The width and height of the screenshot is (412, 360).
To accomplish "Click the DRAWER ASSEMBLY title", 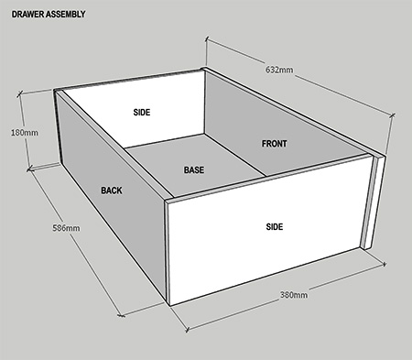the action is tap(49, 15).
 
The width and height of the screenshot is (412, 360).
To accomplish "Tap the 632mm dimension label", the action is tap(279, 70).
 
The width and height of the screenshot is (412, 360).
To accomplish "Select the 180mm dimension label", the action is tap(25, 133).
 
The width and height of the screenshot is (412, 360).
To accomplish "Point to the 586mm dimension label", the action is tap(66, 228).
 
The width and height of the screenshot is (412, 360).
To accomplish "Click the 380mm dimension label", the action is tap(294, 295).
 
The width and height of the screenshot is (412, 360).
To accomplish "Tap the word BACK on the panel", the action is tap(112, 191).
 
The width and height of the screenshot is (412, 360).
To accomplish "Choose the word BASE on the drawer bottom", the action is tap(194, 169).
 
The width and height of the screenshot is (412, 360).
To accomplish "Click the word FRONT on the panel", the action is tap(274, 144).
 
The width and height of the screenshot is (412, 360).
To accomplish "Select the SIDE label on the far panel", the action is tap(142, 113).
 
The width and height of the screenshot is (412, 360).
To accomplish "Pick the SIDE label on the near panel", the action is tap(275, 227).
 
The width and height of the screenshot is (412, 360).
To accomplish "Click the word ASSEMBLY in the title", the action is tap(66, 15).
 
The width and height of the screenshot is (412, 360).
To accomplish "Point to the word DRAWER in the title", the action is tap(28, 15).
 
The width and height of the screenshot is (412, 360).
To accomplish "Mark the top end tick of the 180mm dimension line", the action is tap(20, 93).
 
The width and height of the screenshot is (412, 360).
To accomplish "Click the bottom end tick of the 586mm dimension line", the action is tap(122, 314).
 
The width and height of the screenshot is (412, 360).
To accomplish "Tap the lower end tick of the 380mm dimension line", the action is tap(188, 330).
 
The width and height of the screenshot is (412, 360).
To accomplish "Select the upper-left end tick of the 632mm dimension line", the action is tap(207, 38).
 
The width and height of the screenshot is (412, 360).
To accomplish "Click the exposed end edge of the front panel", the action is tap(374, 202).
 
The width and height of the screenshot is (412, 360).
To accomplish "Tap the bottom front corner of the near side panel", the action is tap(168, 305).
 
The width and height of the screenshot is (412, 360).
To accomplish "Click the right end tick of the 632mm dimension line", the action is tap(393, 115).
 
